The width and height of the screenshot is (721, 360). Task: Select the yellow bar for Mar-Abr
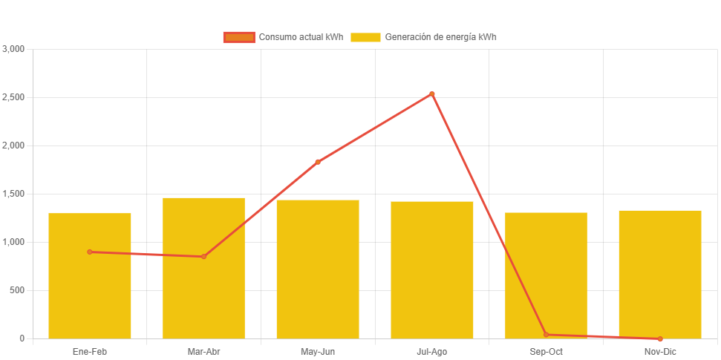pyautogui.click(x=203, y=297)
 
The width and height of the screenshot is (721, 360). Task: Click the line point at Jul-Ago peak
pyautogui.click(x=431, y=94)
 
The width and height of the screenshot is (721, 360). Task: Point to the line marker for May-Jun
pyautogui.click(x=318, y=162)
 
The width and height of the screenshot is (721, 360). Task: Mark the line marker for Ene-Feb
pyautogui.click(x=90, y=252)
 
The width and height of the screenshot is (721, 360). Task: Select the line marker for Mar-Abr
pyautogui.click(x=203, y=257)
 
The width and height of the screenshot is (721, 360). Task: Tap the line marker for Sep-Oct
pyautogui.click(x=546, y=335)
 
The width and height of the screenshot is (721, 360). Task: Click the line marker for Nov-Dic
pyautogui.click(x=660, y=338)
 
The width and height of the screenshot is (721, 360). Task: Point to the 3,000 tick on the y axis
pyautogui.click(x=14, y=49)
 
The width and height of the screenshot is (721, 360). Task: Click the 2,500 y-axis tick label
pyautogui.click(x=14, y=97)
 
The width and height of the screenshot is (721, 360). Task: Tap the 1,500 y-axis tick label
pyautogui.click(x=14, y=194)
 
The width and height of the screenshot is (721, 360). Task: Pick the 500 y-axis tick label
pyautogui.click(x=17, y=290)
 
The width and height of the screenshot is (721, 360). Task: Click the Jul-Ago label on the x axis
pyautogui.click(x=431, y=352)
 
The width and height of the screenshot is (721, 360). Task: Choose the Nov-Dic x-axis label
pyautogui.click(x=660, y=352)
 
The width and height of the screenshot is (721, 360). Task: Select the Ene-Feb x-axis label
pyautogui.click(x=90, y=352)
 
